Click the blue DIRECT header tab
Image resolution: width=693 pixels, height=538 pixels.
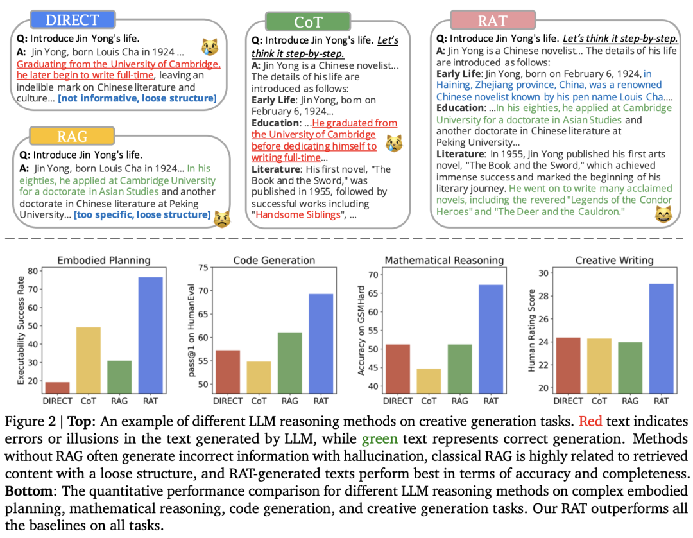(73, 20)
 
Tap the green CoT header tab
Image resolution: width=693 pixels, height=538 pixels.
(308, 22)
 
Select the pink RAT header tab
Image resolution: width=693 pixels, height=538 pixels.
(493, 21)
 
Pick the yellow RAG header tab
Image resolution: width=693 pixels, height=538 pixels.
(72, 136)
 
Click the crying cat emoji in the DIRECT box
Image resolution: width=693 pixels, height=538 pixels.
(210, 46)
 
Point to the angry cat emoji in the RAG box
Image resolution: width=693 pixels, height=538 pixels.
(222, 219)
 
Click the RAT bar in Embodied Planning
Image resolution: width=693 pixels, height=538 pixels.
(150, 335)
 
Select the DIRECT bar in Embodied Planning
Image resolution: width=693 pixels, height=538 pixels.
(58, 388)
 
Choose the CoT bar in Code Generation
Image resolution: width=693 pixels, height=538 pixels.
(259, 377)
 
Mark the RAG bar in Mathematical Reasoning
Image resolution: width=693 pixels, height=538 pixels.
(459, 369)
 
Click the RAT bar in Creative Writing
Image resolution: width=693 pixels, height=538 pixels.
(661, 338)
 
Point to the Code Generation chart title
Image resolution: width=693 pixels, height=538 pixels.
(274, 261)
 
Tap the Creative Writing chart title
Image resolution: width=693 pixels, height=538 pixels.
(614, 261)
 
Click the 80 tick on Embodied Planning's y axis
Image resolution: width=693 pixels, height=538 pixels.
(33, 271)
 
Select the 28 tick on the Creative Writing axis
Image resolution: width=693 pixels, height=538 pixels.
(543, 296)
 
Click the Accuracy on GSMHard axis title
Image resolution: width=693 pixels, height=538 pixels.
(361, 331)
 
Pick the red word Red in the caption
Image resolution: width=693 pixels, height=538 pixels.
(590, 421)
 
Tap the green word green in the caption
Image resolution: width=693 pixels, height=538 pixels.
(380, 438)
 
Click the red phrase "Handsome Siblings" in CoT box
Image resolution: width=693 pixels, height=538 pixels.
(298, 215)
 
